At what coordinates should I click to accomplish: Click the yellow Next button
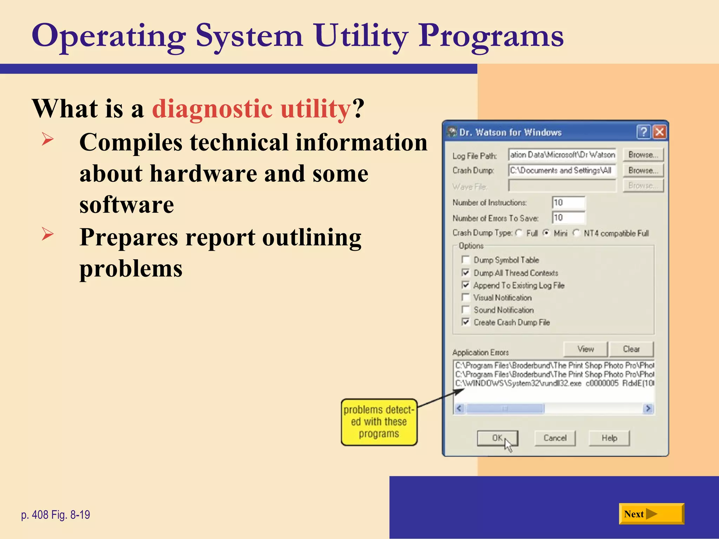[x=651, y=514]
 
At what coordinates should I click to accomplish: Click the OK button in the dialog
[x=497, y=438]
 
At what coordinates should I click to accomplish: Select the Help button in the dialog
[x=609, y=438]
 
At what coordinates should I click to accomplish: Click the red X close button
[x=660, y=132]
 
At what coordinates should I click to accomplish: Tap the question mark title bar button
[x=644, y=132]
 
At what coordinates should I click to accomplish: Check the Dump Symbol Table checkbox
[x=466, y=260]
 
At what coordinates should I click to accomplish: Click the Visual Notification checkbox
[x=466, y=298]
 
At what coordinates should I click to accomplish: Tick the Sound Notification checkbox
[x=466, y=310]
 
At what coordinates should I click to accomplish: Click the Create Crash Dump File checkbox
[x=466, y=322]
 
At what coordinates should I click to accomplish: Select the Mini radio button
[x=546, y=233]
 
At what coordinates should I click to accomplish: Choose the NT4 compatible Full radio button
[x=576, y=233]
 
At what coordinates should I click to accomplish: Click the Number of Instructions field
[x=568, y=202]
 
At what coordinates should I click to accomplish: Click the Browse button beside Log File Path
[x=643, y=155]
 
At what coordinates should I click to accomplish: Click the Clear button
[x=631, y=349]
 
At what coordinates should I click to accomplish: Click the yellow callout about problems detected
[x=379, y=422]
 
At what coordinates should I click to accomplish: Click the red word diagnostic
[x=212, y=109]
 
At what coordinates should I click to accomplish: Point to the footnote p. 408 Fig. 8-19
[x=55, y=515]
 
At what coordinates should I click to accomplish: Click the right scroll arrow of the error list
[x=648, y=408]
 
